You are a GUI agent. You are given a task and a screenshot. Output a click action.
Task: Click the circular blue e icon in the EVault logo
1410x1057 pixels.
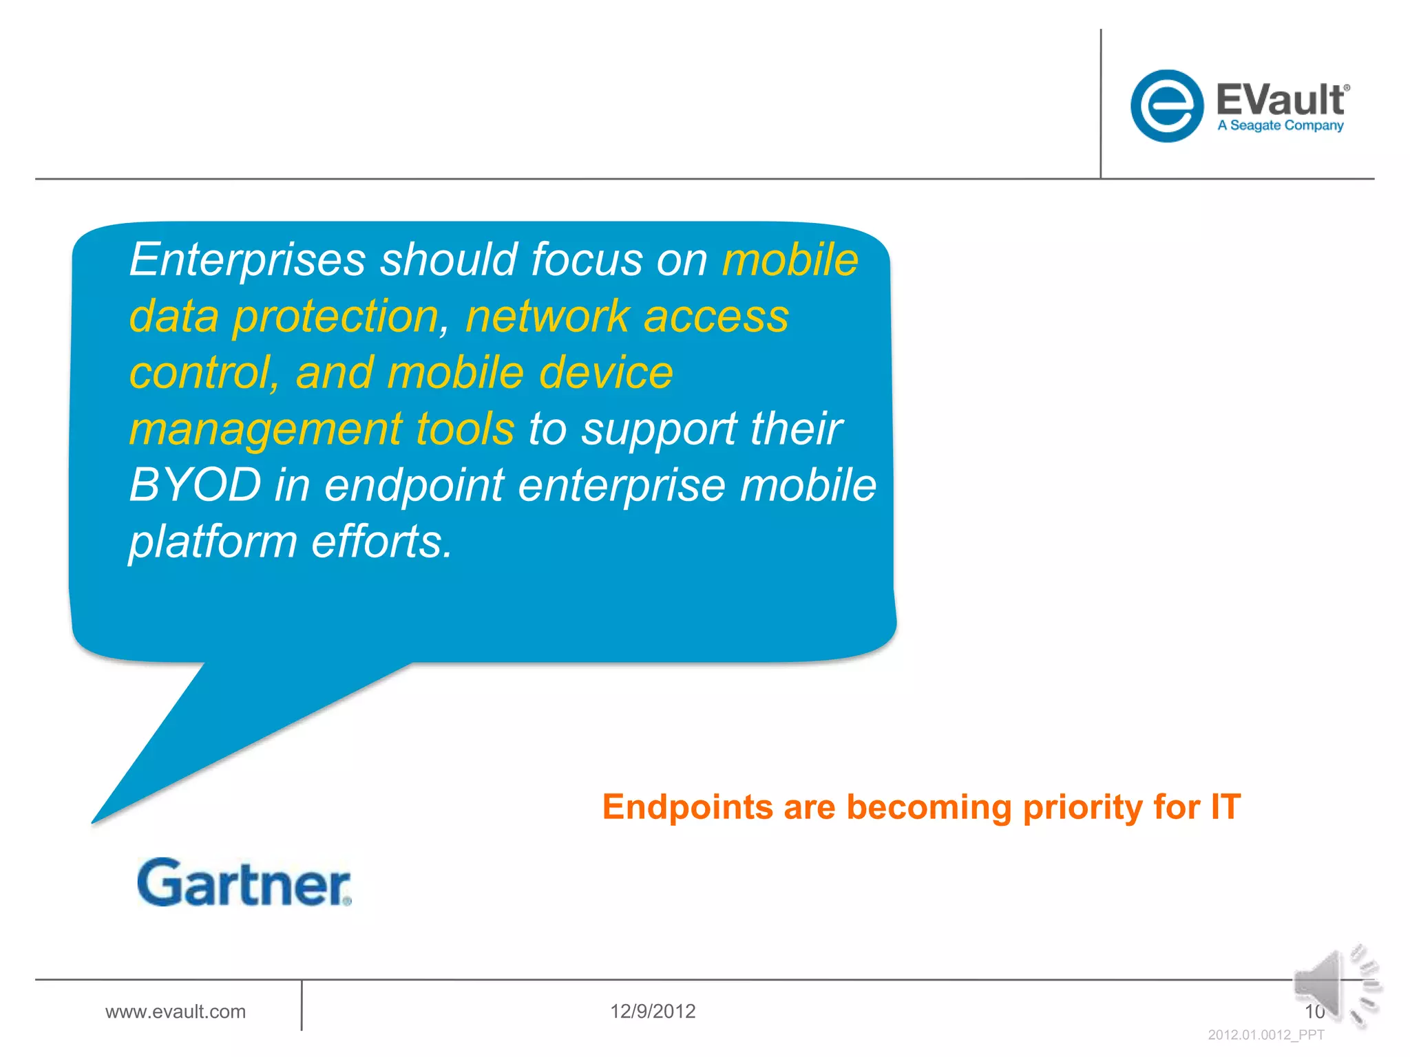(1167, 106)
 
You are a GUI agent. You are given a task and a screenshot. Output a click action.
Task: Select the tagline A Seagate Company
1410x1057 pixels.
(1280, 126)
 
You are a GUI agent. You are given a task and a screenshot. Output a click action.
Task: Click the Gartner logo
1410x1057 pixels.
(244, 882)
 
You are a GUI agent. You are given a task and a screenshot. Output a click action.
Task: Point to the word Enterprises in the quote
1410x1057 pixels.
(247, 260)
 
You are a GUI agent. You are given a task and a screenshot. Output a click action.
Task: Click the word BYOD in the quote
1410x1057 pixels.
(195, 485)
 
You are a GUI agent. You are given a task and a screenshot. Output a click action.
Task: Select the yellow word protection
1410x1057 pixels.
(335, 317)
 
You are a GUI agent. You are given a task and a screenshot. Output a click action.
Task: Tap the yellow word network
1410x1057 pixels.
(547, 317)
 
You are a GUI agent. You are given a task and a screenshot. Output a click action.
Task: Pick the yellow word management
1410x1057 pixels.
(265, 429)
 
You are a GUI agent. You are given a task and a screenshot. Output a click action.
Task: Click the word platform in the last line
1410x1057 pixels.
(213, 542)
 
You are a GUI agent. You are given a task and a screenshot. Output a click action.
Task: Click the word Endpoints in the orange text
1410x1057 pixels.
(687, 807)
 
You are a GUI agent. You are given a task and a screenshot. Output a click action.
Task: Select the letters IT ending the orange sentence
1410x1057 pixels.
(1225, 807)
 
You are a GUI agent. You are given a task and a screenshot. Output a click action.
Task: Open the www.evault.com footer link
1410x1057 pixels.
(175, 1011)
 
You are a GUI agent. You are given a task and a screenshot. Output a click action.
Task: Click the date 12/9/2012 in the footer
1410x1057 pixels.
(652, 1011)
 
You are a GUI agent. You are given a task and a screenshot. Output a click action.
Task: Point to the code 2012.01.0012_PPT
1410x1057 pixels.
(1265, 1035)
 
